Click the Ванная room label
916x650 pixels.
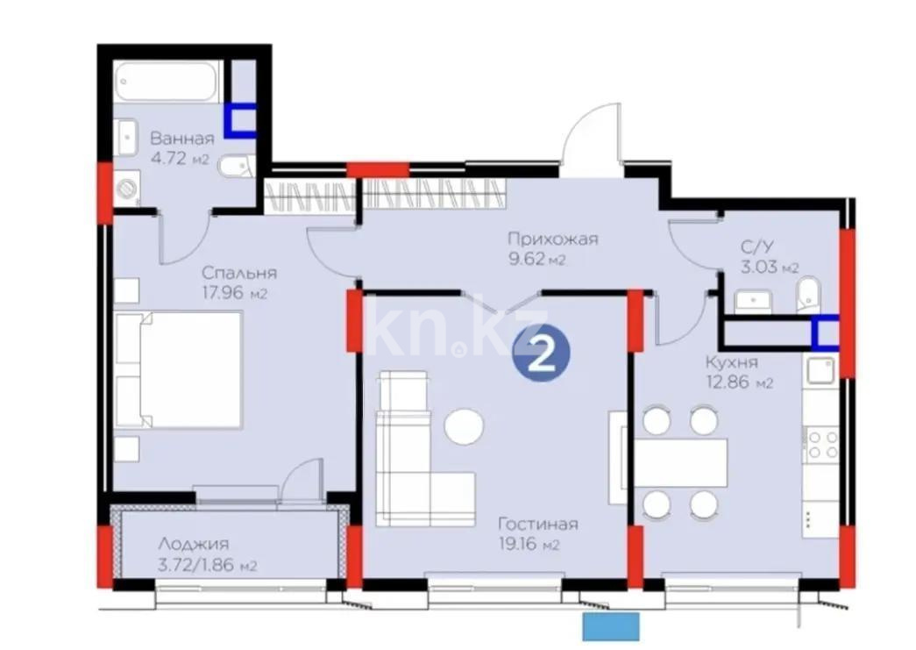181,139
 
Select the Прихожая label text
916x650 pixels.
554,238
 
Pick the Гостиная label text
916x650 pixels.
537,525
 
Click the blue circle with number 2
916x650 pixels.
541,354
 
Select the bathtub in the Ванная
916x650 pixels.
170,82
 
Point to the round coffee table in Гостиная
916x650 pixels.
464,427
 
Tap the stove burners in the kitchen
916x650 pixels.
821,445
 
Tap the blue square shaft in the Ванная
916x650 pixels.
239,121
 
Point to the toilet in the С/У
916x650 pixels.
806,294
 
